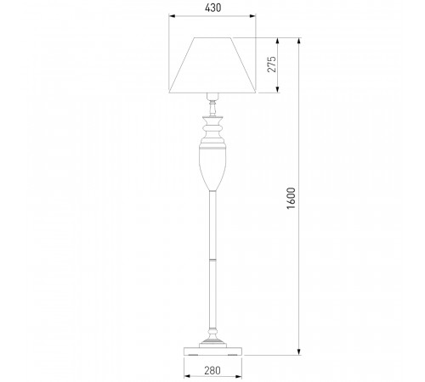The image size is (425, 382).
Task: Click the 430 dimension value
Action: tap(212, 8)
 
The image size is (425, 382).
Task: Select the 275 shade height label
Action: tap(271, 65)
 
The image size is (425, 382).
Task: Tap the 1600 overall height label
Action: tap(291, 198)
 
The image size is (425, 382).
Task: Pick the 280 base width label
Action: tap(212, 370)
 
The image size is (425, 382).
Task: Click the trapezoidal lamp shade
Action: tap(212, 65)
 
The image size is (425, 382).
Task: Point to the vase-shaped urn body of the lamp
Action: tap(212, 167)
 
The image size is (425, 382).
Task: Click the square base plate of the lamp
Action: tap(212, 351)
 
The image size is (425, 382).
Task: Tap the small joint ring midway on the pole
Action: tap(212, 259)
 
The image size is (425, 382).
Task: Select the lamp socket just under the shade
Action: tap(212, 97)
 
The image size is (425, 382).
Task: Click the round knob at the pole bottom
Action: tap(212, 331)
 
